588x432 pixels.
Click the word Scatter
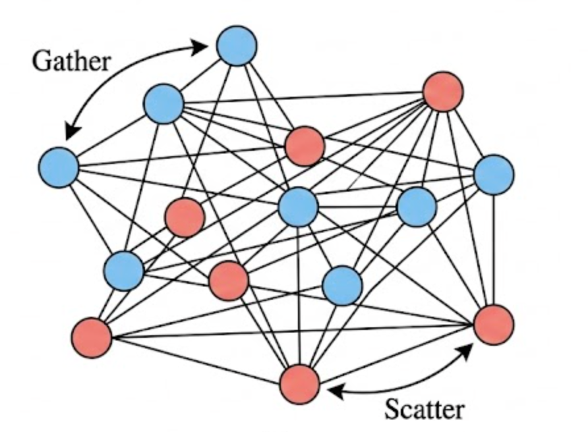[424, 409]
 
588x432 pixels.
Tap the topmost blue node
[236, 46]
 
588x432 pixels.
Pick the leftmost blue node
[59, 167]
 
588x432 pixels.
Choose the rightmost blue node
[494, 175]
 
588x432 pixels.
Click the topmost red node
[443, 92]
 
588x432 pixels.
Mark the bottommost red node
[299, 383]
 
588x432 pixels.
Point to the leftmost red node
[92, 337]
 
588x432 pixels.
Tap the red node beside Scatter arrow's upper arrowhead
[494, 325]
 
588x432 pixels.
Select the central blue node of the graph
[299, 207]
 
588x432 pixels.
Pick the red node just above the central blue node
[305, 145]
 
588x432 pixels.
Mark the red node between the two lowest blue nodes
[228, 281]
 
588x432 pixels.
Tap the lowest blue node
[342, 286]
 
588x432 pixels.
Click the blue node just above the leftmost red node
[123, 270]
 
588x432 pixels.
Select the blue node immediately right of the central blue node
[417, 207]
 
